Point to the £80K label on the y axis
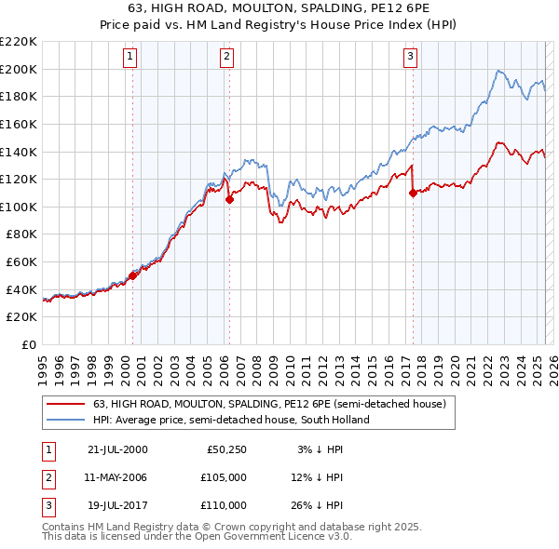pyautogui.click(x=21, y=234)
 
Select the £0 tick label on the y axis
pyautogui.click(x=31, y=345)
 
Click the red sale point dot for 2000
pyautogui.click(x=132, y=275)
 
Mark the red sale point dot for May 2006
pyautogui.click(x=229, y=199)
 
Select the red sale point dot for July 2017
pyautogui.click(x=413, y=193)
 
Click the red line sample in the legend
pyautogui.click(x=65, y=405)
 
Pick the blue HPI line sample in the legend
pyautogui.click(x=65, y=420)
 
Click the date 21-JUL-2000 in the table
pyautogui.click(x=116, y=450)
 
